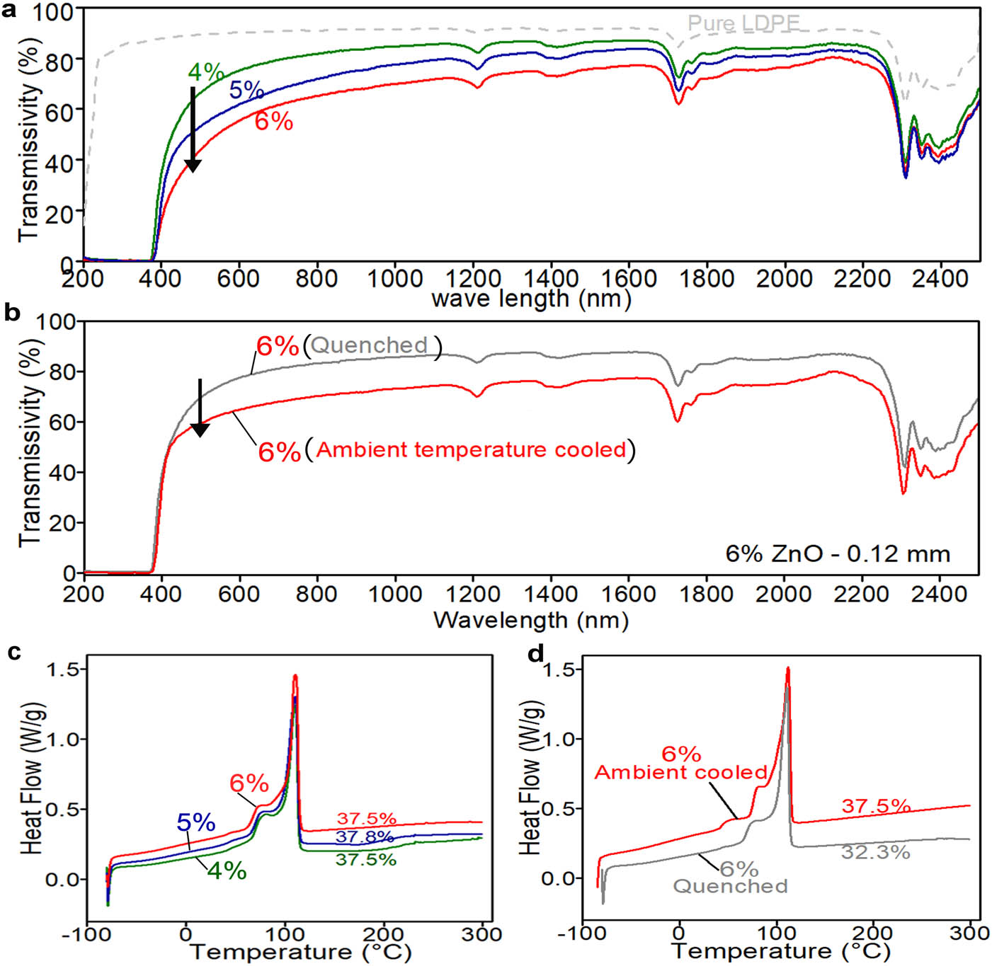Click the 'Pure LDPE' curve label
743,23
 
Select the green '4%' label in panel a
205,71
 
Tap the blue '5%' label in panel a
246,90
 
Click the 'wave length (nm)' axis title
531,298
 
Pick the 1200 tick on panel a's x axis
473,278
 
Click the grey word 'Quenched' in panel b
370,345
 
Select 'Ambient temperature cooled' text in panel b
471,450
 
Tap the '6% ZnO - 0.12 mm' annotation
838,553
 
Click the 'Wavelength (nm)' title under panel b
531,620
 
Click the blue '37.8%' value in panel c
365,837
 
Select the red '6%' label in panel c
249,783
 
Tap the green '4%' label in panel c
227,870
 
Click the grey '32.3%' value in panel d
875,852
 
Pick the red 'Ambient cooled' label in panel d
681,772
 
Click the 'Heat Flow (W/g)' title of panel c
33,778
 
